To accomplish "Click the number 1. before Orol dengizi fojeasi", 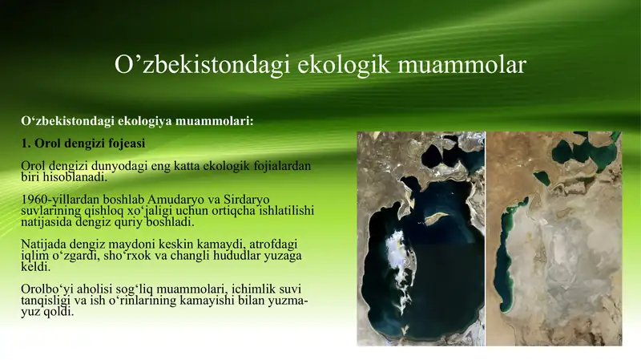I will [x=26, y=144].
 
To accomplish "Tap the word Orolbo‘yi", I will [x=49, y=288].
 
